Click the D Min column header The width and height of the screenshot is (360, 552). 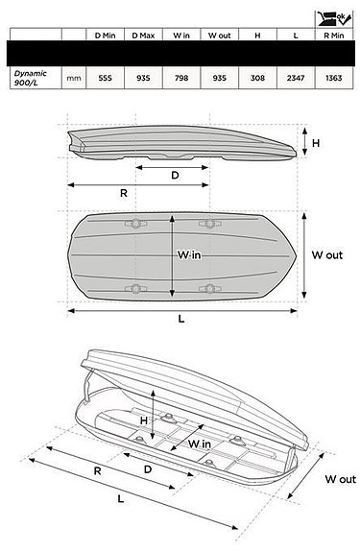coord(105,36)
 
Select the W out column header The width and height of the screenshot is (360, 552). coord(219,36)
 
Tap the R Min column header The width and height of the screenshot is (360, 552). coord(334,36)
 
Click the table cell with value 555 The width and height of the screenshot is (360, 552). coord(105,78)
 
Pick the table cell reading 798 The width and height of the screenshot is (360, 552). coord(181,78)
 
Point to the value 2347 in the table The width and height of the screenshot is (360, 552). coord(296,78)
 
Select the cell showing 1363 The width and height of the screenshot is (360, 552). coord(334,78)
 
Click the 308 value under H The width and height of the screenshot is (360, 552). coord(257,78)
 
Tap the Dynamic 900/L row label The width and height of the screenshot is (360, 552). coord(30,78)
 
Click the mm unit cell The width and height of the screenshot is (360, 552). coord(74,78)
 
